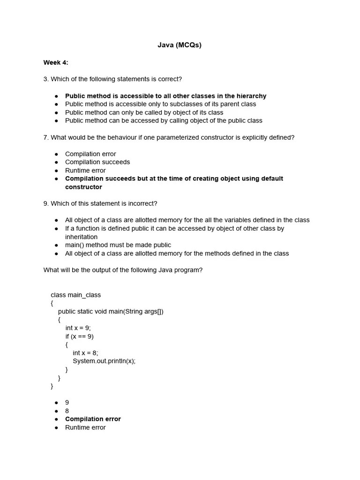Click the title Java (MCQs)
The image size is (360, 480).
(180, 45)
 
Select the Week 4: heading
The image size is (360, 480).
(56, 63)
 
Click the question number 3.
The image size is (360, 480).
(45, 79)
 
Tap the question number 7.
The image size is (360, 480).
(45, 137)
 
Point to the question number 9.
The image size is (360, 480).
(45, 203)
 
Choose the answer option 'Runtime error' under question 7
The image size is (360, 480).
(85, 171)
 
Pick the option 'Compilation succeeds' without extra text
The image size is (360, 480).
(97, 162)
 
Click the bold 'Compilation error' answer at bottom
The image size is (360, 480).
(93, 419)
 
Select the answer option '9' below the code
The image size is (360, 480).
(67, 403)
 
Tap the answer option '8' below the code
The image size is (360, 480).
(67, 411)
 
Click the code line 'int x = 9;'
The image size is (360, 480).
(78, 328)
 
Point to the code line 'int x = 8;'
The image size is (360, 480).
(85, 353)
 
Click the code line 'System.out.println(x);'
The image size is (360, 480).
(104, 361)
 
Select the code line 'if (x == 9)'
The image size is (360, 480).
(79, 337)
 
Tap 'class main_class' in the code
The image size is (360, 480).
(75, 295)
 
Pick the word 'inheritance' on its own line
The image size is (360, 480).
(81, 237)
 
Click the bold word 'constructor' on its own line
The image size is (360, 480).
(83, 187)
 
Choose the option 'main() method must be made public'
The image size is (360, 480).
(118, 245)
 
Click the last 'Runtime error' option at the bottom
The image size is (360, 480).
(85, 427)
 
